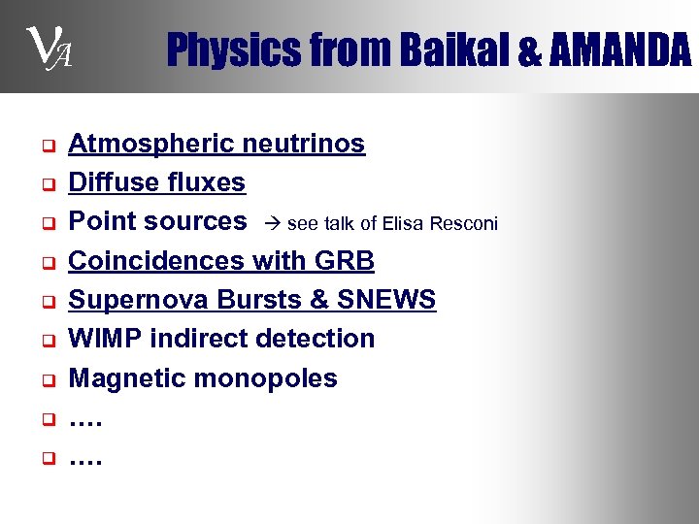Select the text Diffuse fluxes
click(x=156, y=183)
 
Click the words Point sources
click(x=157, y=222)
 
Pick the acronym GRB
click(x=344, y=261)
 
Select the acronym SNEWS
click(x=386, y=300)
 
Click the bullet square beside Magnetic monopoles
click(x=46, y=379)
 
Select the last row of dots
click(x=85, y=456)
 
